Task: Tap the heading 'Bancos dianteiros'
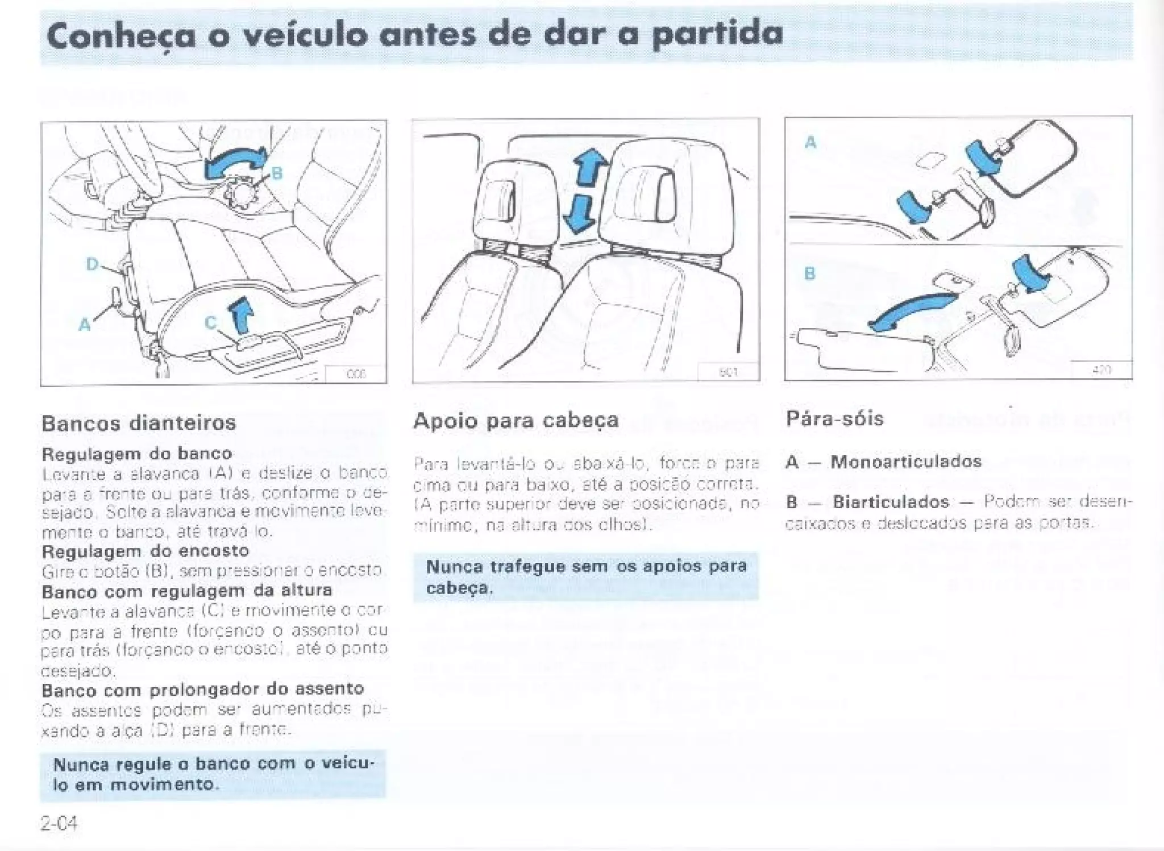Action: pyautogui.click(x=139, y=423)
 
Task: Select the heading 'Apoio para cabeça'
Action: pyautogui.click(x=516, y=421)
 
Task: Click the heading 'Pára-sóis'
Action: pyautogui.click(x=835, y=419)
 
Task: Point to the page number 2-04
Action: pyautogui.click(x=59, y=823)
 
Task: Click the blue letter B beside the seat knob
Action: pyautogui.click(x=277, y=173)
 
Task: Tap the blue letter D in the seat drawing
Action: pyautogui.click(x=92, y=264)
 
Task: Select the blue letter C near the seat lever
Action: pyautogui.click(x=210, y=323)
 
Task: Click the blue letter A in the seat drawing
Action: pyautogui.click(x=85, y=325)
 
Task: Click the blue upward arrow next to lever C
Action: pyautogui.click(x=242, y=314)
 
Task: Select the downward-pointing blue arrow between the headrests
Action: pyautogui.click(x=579, y=214)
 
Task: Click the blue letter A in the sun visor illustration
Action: pyautogui.click(x=810, y=142)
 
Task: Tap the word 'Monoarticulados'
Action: pyautogui.click(x=906, y=461)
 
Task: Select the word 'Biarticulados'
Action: pyautogui.click(x=891, y=502)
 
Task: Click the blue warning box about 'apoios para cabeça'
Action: pyautogui.click(x=585, y=576)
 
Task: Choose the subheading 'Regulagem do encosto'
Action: pyautogui.click(x=145, y=551)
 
